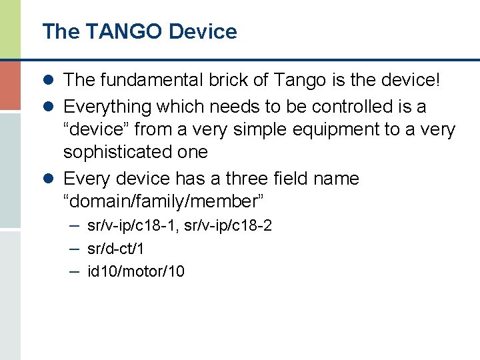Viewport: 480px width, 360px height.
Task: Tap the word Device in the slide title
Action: click(203, 31)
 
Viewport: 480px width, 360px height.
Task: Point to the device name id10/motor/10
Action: click(136, 271)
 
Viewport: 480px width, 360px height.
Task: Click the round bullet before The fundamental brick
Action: click(50, 81)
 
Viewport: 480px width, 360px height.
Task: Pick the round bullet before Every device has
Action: click(50, 179)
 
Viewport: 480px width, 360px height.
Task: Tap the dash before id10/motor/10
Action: click(74, 271)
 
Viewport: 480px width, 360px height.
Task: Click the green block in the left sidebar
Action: click(10, 29)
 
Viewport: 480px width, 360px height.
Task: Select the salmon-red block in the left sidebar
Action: click(10, 85)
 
